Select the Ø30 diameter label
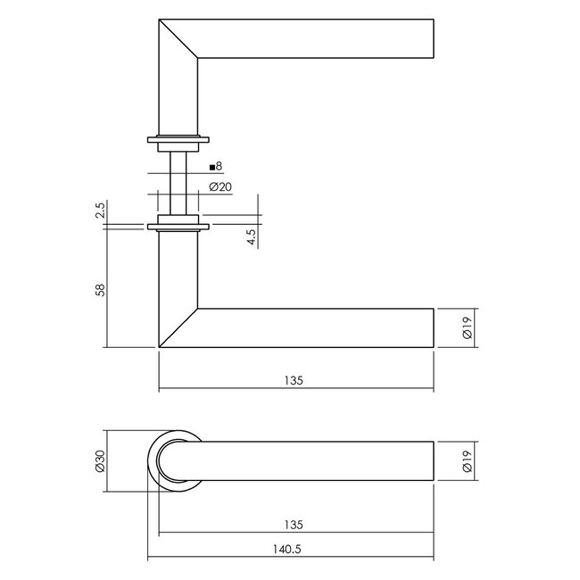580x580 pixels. (99, 460)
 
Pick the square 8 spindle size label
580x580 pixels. (215, 166)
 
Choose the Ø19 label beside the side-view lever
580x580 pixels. (466, 328)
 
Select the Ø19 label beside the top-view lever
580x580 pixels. (466, 460)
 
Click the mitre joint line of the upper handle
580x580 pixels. (178, 40)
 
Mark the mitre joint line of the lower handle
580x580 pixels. (178, 327)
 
